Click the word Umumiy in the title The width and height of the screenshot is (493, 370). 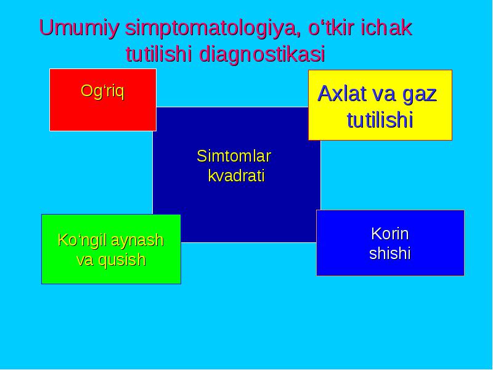tap(79, 28)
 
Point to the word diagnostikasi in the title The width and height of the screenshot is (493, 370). tap(262, 55)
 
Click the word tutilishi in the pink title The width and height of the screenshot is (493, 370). tap(159, 54)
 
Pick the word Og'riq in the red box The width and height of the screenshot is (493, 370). tap(102, 91)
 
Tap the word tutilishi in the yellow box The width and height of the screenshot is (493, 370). tap(380, 120)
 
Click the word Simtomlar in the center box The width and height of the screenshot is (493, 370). tap(234, 156)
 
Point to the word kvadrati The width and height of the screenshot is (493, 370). tap(236, 176)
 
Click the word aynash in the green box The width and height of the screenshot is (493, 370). tap(137, 240)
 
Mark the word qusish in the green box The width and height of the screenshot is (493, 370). tap(121, 260)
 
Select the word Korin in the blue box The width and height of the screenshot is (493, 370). tap(390, 234)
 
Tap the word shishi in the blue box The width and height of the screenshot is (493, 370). tap(390, 253)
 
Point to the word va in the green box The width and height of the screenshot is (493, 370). tap(86, 261)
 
